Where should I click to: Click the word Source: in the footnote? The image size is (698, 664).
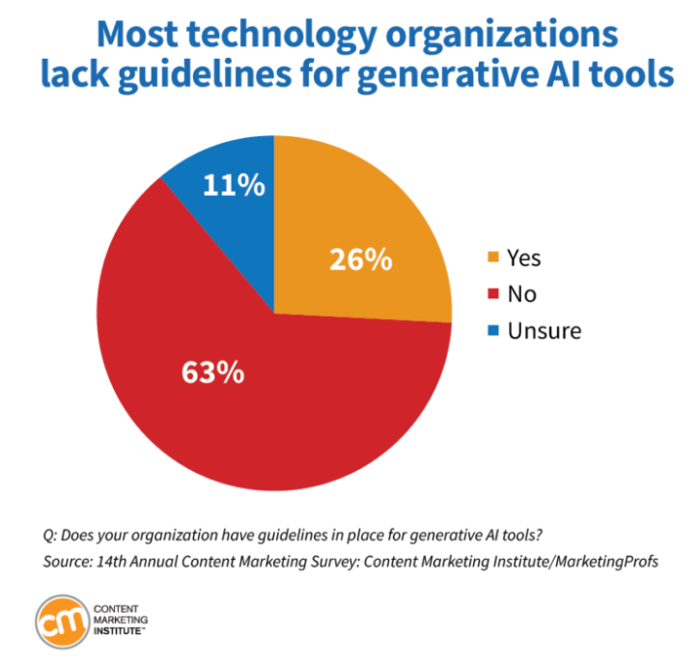[70, 559]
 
